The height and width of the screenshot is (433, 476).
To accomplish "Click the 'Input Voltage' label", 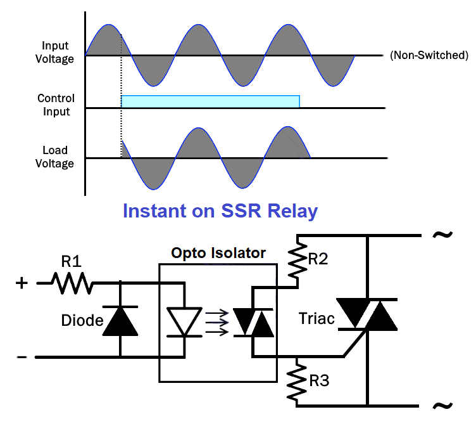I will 55,53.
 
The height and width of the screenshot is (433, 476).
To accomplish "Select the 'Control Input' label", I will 56,105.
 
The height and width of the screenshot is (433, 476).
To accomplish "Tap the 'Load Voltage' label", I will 58,157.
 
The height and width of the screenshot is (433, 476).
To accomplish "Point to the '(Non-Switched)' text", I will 429,55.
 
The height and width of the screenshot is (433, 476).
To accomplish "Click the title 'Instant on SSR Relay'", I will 220,210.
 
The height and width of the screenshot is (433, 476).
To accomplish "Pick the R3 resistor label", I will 319,382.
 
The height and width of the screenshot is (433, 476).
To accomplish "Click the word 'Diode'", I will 82,321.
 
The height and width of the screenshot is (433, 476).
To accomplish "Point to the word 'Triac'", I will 316,319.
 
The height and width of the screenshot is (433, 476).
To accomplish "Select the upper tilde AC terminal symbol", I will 442,235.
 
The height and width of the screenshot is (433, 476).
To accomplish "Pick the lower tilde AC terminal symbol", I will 442,406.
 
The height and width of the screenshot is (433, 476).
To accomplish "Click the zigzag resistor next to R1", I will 71,283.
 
